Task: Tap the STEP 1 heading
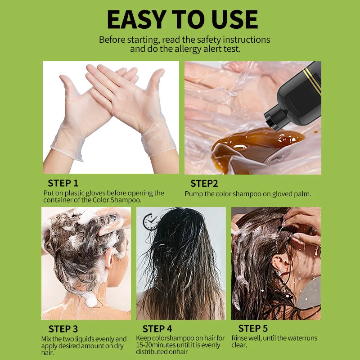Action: coord(63,183)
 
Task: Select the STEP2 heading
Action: coord(204,183)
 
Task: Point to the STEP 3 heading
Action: coord(63,329)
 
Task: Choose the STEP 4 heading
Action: coord(157,329)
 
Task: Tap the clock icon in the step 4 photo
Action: coord(149,221)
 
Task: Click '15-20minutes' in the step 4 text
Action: coord(157,345)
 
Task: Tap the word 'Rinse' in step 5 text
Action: coord(240,338)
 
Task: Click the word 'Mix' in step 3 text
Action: coord(47,339)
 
